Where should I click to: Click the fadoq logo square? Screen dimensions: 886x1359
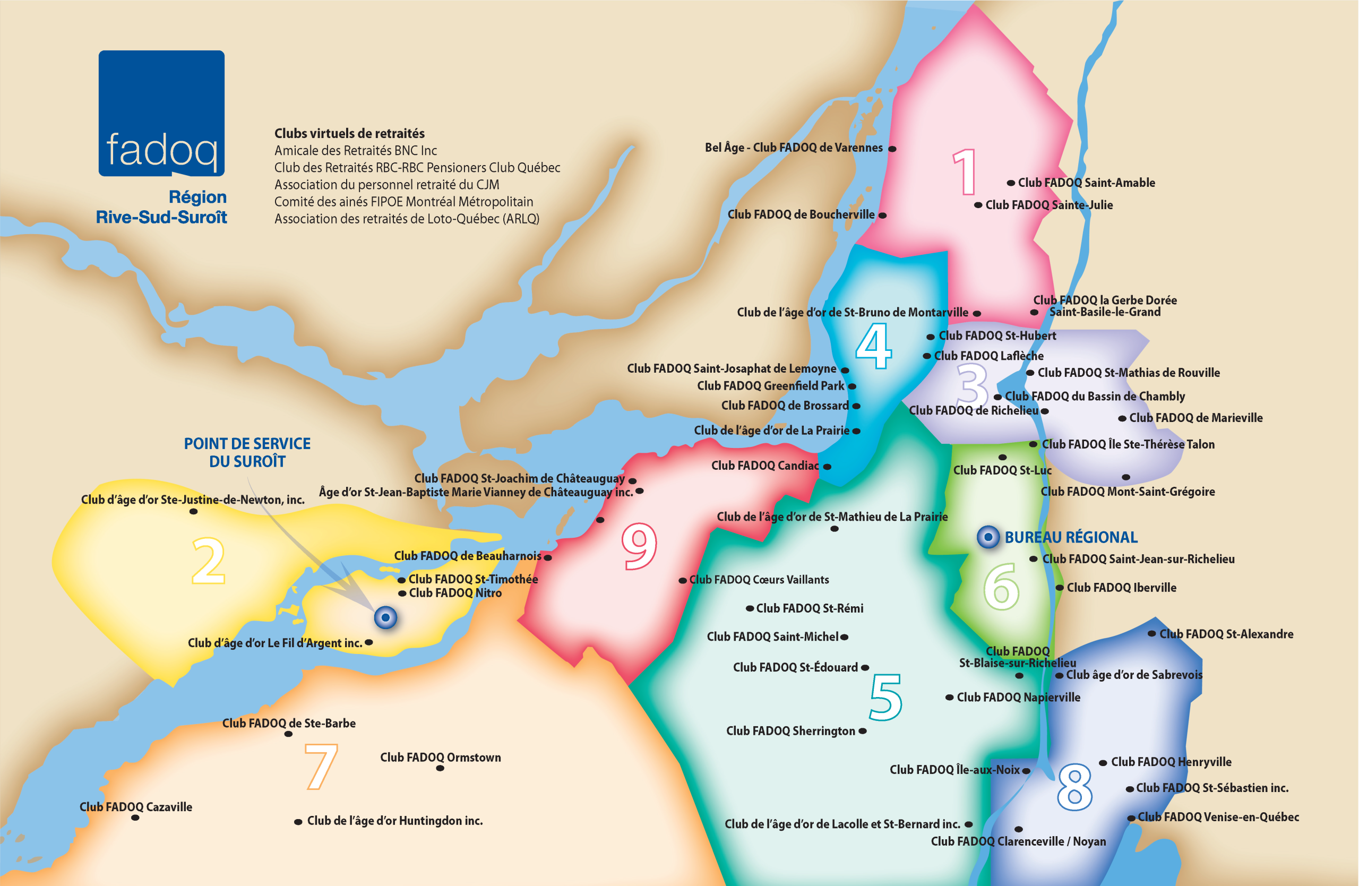tap(161, 113)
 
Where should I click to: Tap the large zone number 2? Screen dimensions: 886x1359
tap(209, 561)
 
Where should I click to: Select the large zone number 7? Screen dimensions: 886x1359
tap(321, 767)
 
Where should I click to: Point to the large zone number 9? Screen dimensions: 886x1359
tap(639, 547)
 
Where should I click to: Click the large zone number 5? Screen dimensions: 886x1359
tap(885, 697)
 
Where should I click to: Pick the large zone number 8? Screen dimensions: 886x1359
tap(1074, 788)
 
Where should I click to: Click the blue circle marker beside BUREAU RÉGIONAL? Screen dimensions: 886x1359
tap(988, 537)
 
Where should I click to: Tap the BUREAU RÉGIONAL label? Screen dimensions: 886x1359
tap(1071, 538)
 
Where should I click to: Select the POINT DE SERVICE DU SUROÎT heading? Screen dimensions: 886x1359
tap(247, 452)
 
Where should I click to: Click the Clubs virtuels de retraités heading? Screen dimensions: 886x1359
tap(349, 134)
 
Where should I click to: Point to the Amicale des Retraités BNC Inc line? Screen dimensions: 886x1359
tap(355, 151)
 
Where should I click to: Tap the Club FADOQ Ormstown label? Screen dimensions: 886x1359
tap(440, 758)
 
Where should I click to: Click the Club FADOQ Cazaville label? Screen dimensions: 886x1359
tap(135, 807)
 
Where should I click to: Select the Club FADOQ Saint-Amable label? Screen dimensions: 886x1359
tap(1086, 183)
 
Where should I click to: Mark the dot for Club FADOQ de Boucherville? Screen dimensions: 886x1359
tap(882, 216)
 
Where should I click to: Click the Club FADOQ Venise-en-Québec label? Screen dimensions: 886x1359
tap(1218, 817)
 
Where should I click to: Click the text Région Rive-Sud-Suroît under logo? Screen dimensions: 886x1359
tap(161, 207)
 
